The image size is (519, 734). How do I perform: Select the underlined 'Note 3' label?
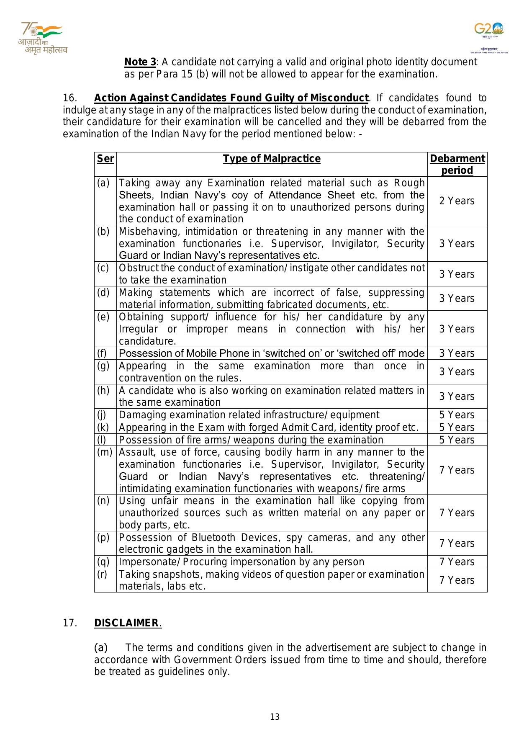[140, 62]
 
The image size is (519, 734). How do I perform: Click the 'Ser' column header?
[105, 159]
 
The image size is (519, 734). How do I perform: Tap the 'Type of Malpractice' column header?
[272, 159]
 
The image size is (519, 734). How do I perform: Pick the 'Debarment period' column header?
[457, 165]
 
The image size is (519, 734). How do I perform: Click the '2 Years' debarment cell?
[457, 201]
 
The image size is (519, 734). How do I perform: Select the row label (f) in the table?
[102, 353]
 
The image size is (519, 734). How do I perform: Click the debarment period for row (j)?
[457, 415]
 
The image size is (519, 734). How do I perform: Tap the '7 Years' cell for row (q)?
[457, 562]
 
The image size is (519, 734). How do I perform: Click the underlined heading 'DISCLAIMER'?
[127, 623]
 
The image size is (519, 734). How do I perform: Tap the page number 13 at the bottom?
[275, 717]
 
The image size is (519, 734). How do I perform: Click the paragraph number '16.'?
[70, 98]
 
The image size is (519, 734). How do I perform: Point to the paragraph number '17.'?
[70, 623]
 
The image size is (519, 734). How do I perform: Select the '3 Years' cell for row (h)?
[457, 397]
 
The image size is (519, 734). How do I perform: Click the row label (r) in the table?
[102, 574]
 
